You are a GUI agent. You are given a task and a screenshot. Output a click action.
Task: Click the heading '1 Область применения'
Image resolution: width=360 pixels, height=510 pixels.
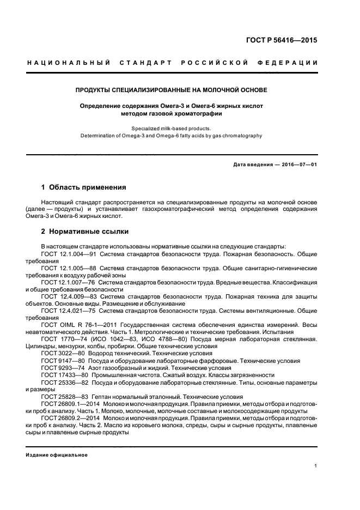[83, 187]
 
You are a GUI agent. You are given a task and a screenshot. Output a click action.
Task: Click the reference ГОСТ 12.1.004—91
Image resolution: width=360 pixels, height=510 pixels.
[69, 254]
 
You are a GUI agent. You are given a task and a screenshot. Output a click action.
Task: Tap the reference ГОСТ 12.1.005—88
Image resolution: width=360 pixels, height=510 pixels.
[69, 268]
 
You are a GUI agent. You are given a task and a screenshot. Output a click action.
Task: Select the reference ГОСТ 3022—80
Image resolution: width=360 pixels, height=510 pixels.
[63, 353]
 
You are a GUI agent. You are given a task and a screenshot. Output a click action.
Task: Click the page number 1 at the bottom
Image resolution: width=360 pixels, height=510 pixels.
[316, 466]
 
